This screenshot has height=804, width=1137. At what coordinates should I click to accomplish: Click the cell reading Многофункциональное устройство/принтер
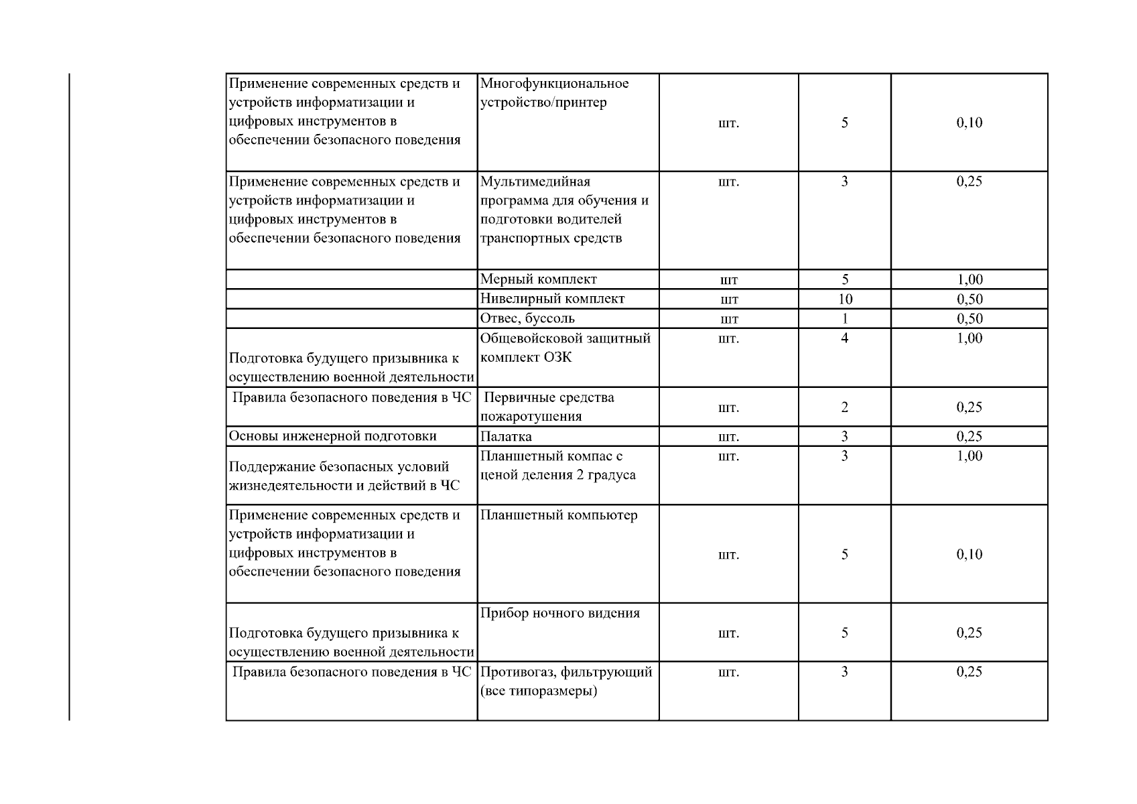(x=554, y=93)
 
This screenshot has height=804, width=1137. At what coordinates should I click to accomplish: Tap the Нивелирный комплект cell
(x=552, y=299)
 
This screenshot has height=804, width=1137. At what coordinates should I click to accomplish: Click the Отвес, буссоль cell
(x=527, y=318)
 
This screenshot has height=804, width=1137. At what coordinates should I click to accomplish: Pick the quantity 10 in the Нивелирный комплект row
(x=845, y=299)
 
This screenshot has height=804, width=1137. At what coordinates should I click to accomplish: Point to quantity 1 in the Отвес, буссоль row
(x=845, y=318)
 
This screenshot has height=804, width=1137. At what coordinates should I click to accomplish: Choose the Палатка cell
(x=506, y=437)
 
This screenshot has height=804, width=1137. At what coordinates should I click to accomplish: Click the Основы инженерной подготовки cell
(x=333, y=436)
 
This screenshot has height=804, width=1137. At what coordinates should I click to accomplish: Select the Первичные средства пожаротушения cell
(x=548, y=407)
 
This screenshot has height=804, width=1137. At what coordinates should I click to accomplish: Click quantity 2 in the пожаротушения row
(x=845, y=407)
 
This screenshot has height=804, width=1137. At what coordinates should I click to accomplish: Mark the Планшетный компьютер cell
(x=559, y=515)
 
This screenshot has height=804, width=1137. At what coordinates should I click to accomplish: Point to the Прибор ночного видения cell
(x=560, y=613)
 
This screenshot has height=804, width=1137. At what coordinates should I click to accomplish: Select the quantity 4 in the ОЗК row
(x=845, y=338)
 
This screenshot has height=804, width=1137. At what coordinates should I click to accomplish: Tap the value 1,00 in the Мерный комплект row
(x=969, y=279)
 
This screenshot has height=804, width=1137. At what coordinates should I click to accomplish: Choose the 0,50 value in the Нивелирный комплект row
(x=969, y=299)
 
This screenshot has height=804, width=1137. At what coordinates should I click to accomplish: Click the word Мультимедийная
(x=535, y=182)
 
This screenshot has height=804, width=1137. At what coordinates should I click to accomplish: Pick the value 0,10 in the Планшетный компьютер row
(x=969, y=554)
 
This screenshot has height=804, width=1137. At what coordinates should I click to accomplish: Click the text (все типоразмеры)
(x=538, y=691)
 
